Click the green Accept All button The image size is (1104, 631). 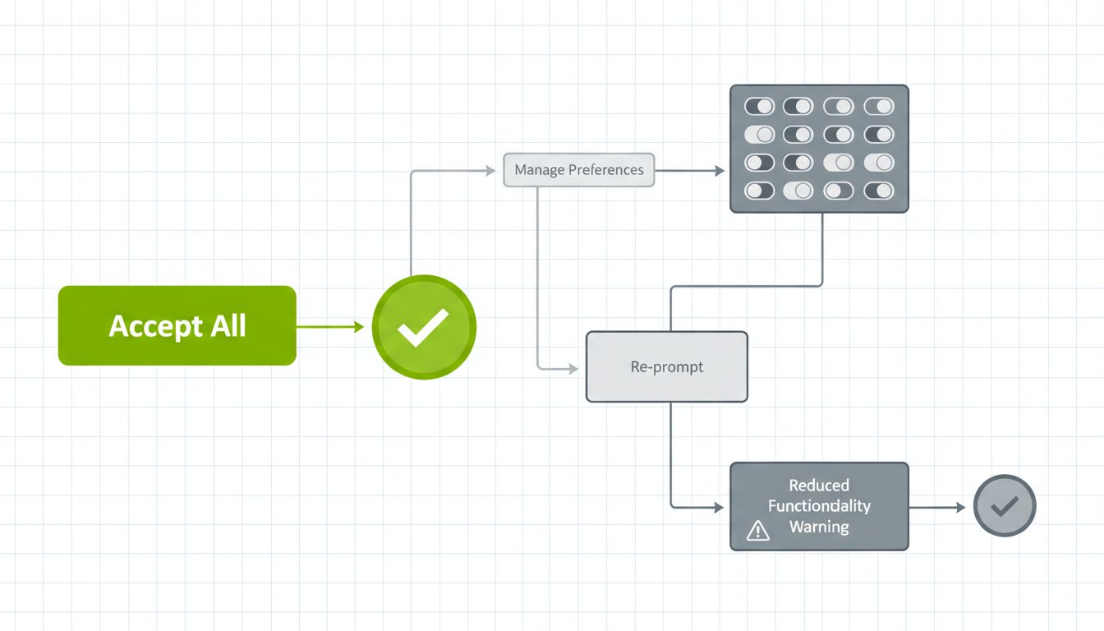[177, 325]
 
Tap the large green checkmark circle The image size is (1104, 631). [424, 326]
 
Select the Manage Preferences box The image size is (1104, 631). [578, 170]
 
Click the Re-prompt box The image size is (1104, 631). [666, 366]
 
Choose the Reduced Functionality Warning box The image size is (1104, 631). [819, 506]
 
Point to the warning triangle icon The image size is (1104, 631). [757, 532]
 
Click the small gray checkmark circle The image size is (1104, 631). [1005, 506]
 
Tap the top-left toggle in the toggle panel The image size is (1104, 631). [759, 107]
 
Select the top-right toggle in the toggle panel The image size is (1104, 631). [879, 107]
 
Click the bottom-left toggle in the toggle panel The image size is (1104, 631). [759, 191]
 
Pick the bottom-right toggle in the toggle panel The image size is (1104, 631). [879, 191]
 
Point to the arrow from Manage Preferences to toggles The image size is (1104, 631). [690, 171]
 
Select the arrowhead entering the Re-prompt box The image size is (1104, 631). [573, 369]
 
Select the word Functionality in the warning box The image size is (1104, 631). [819, 506]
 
